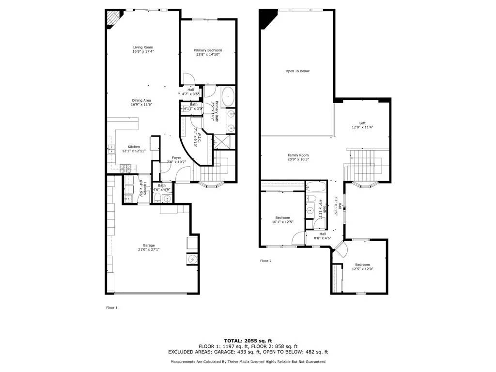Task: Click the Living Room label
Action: [143, 47]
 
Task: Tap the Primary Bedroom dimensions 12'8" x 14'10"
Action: [208, 55]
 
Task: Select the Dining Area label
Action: [141, 100]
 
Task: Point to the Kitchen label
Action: [134, 147]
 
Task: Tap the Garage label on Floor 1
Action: [148, 246]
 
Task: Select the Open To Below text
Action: [297, 71]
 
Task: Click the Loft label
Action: [362, 123]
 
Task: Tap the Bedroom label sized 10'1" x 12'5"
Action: [283, 217]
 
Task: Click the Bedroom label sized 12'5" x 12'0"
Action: [362, 264]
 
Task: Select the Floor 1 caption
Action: [112, 308]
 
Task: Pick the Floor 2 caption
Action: [266, 261]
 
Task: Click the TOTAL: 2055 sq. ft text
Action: [248, 340]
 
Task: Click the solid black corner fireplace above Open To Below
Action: [266, 18]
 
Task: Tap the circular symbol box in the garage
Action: [192, 260]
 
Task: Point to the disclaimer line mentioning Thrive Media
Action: [248, 362]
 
